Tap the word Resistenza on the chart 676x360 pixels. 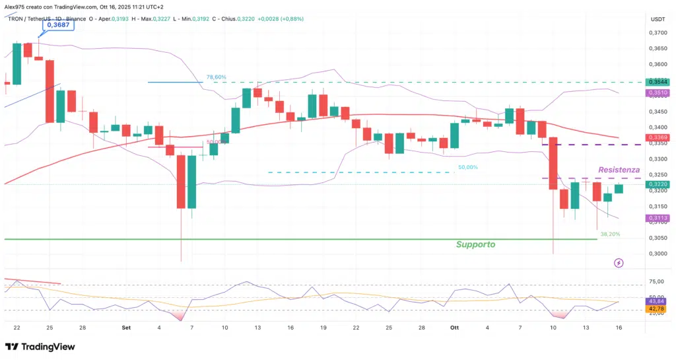pos(619,170)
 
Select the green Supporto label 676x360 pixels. pos(475,244)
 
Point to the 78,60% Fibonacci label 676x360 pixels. pos(216,77)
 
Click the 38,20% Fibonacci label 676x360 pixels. pos(609,234)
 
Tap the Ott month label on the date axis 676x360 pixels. pos(454,327)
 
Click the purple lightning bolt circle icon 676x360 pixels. pos(619,263)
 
